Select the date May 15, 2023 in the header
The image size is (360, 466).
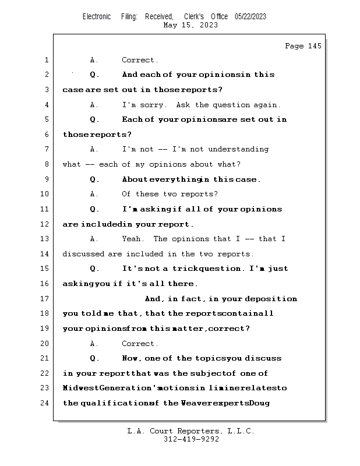coord(191,25)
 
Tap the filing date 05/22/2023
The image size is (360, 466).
coord(250,16)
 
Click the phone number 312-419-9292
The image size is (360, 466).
coord(191,439)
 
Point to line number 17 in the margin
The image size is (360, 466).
coord(46,299)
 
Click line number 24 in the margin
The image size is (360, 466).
coord(46,403)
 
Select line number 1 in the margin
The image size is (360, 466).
coord(46,60)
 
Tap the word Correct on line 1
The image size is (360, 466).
coord(140,60)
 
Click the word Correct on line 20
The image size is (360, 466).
coord(140,344)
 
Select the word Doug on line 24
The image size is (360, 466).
coord(260,403)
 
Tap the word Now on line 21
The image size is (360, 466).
coord(132,358)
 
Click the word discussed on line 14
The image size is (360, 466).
coord(83,254)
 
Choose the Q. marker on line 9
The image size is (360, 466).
coord(95,179)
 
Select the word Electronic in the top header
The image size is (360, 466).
coord(97,16)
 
